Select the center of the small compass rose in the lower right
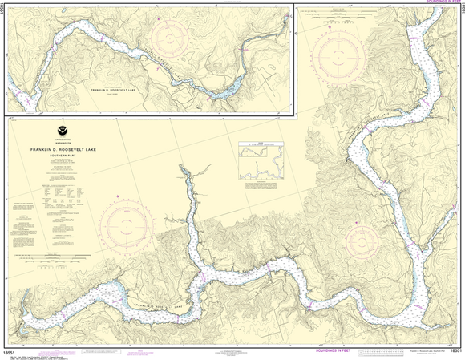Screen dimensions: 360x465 point(363,239)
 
